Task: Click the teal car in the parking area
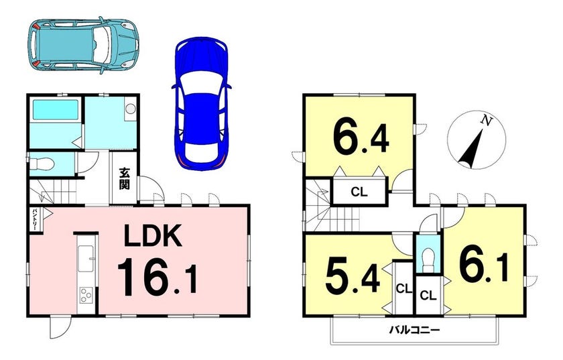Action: [x=83, y=46]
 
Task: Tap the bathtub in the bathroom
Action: [x=56, y=110]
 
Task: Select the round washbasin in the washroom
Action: [x=130, y=109]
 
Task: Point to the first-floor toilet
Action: [x=42, y=164]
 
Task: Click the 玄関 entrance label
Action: [x=125, y=178]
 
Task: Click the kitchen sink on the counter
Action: [x=86, y=259]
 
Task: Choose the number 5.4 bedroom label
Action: [x=353, y=275]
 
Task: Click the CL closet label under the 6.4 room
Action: [x=359, y=192]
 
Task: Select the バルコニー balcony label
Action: [x=415, y=329]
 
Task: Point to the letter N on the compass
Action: [x=486, y=121]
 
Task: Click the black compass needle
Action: [x=471, y=149]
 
